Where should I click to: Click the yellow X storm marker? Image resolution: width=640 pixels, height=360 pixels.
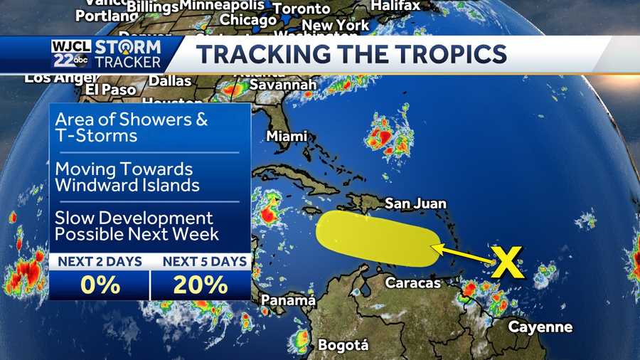point(508,262)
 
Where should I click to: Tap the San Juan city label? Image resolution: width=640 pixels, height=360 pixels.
point(415,203)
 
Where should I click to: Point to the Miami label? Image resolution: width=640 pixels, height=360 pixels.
point(287,136)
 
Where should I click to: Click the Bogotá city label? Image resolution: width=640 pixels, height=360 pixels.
point(343,345)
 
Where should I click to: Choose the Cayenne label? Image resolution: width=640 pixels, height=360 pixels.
point(540,327)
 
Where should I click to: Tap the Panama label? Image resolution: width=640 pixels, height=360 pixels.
point(288,300)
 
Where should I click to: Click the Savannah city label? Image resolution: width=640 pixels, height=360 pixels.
point(282,85)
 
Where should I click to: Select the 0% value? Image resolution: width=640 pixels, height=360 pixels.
point(99,285)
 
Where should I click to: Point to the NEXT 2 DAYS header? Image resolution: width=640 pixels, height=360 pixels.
point(100,261)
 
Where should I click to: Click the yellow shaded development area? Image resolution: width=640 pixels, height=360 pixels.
point(373,240)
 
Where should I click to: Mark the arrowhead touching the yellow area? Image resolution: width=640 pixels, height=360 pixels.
point(436,248)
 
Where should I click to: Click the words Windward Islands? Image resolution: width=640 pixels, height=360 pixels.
point(127,185)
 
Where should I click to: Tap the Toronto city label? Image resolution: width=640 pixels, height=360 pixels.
point(302,9)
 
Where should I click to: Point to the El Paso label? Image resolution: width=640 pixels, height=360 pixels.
point(110,89)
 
